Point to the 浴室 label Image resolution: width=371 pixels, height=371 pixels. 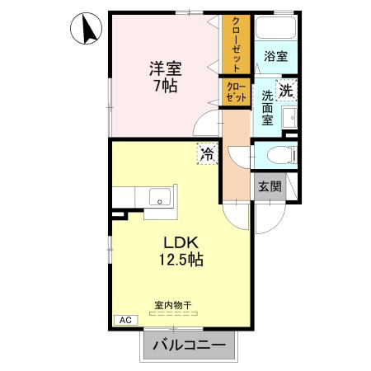pos(275,56)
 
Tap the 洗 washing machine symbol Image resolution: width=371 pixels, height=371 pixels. pos(285,92)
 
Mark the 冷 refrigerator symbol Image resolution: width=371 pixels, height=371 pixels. pos(206,153)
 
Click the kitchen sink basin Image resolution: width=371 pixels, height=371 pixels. pos(159,197)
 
